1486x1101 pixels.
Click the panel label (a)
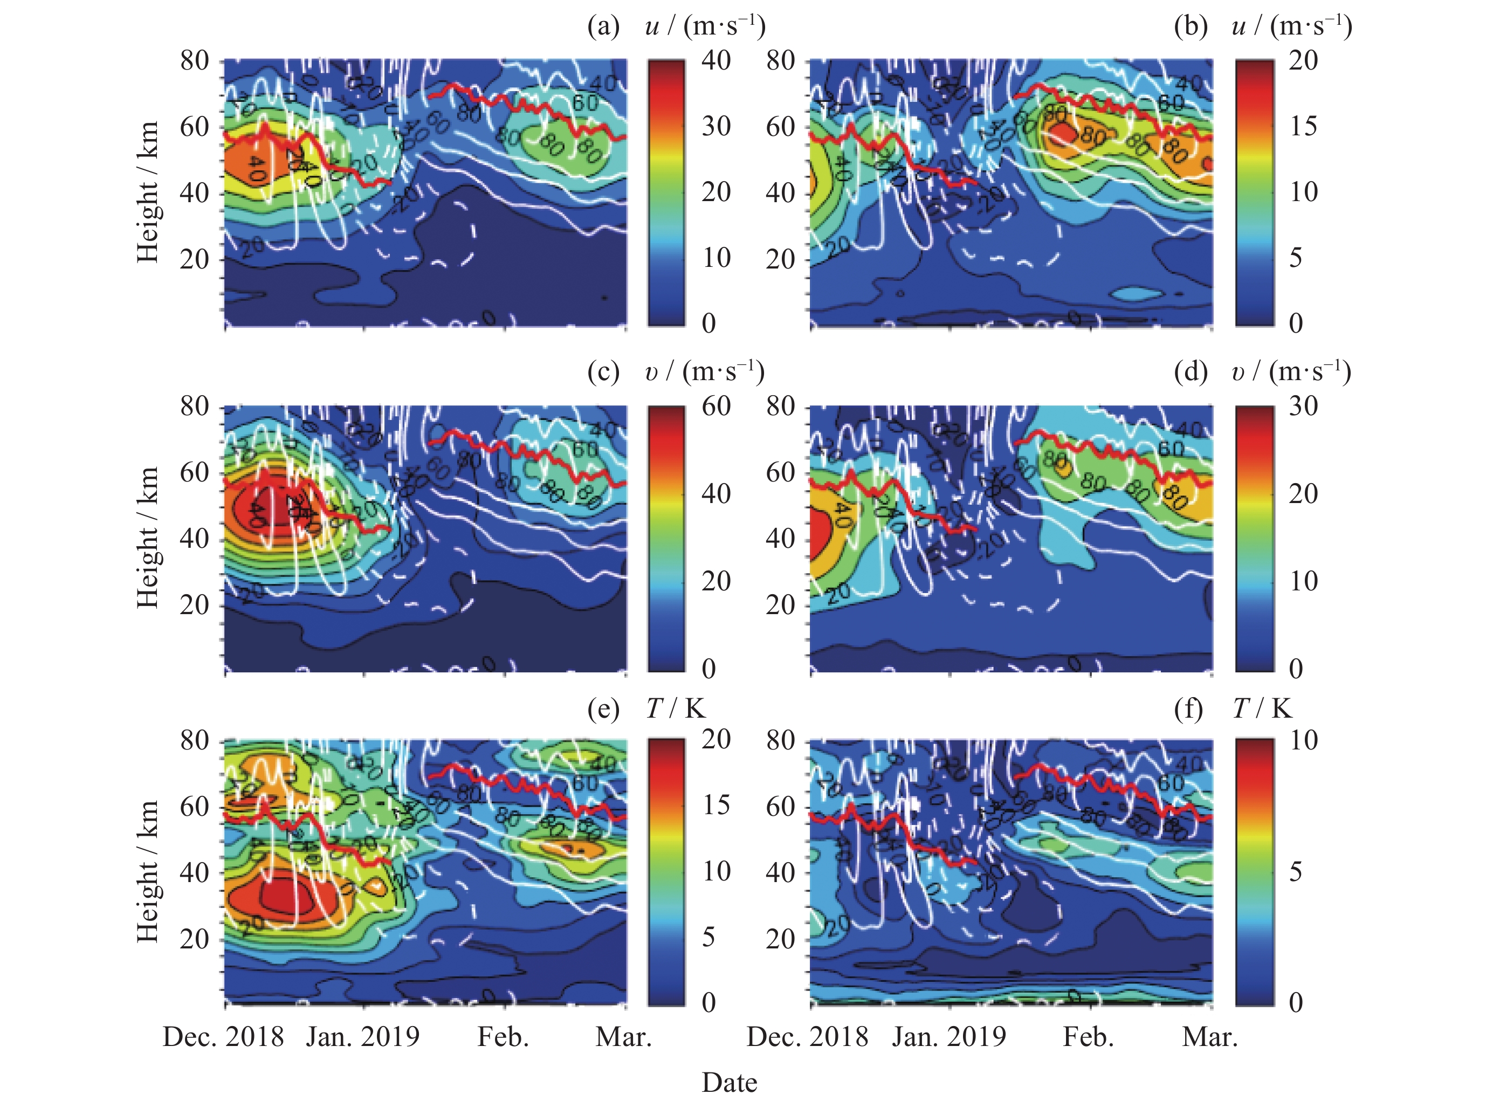603,26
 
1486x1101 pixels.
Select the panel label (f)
1189,709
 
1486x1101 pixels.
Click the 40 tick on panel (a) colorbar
716,60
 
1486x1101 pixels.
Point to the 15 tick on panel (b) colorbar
1303,126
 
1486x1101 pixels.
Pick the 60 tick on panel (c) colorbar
716,406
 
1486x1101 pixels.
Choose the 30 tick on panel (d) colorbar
1303,406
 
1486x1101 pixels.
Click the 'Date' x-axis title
729,1082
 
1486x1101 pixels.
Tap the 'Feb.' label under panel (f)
1089,1037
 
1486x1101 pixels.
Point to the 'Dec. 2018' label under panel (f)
808,1037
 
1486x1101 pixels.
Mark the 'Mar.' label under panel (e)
623,1037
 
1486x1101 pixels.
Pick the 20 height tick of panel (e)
195,939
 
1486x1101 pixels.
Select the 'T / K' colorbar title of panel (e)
676,709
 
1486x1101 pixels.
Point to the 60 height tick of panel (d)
780,472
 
